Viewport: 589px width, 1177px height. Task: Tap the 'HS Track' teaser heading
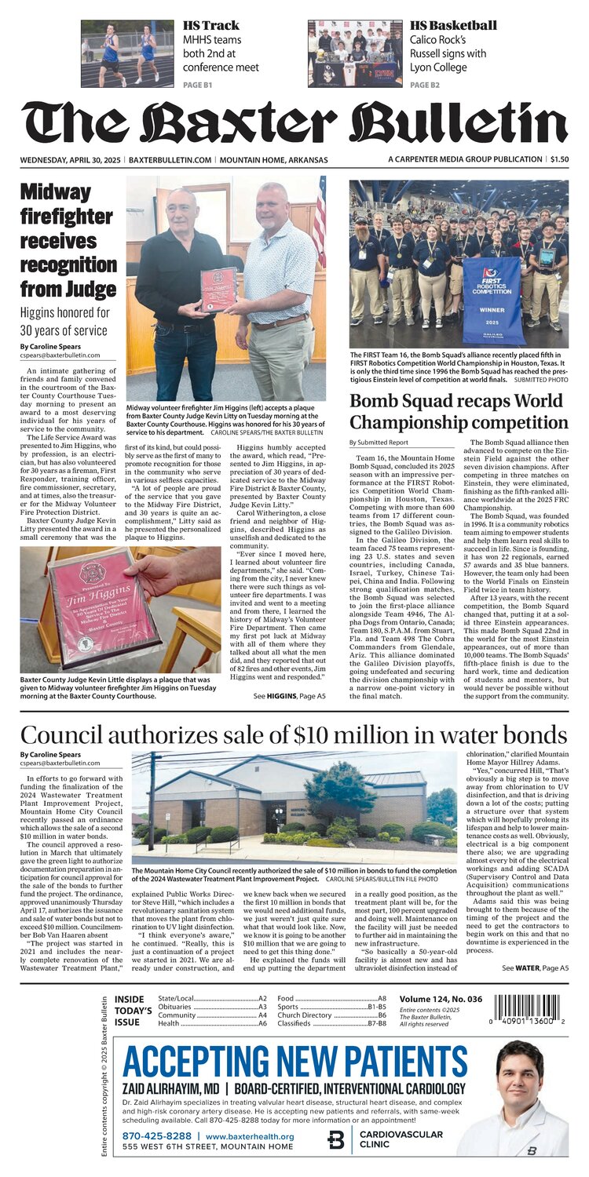[206, 25]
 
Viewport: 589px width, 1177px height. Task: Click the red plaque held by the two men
[218, 289]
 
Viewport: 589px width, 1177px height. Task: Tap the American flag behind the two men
[320, 223]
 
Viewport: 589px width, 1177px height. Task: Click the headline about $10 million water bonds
[294, 735]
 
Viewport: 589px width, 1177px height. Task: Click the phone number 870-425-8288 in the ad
[156, 1136]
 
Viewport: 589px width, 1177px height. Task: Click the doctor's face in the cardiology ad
[519, 1075]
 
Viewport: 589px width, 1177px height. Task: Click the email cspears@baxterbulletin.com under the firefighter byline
[60, 355]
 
